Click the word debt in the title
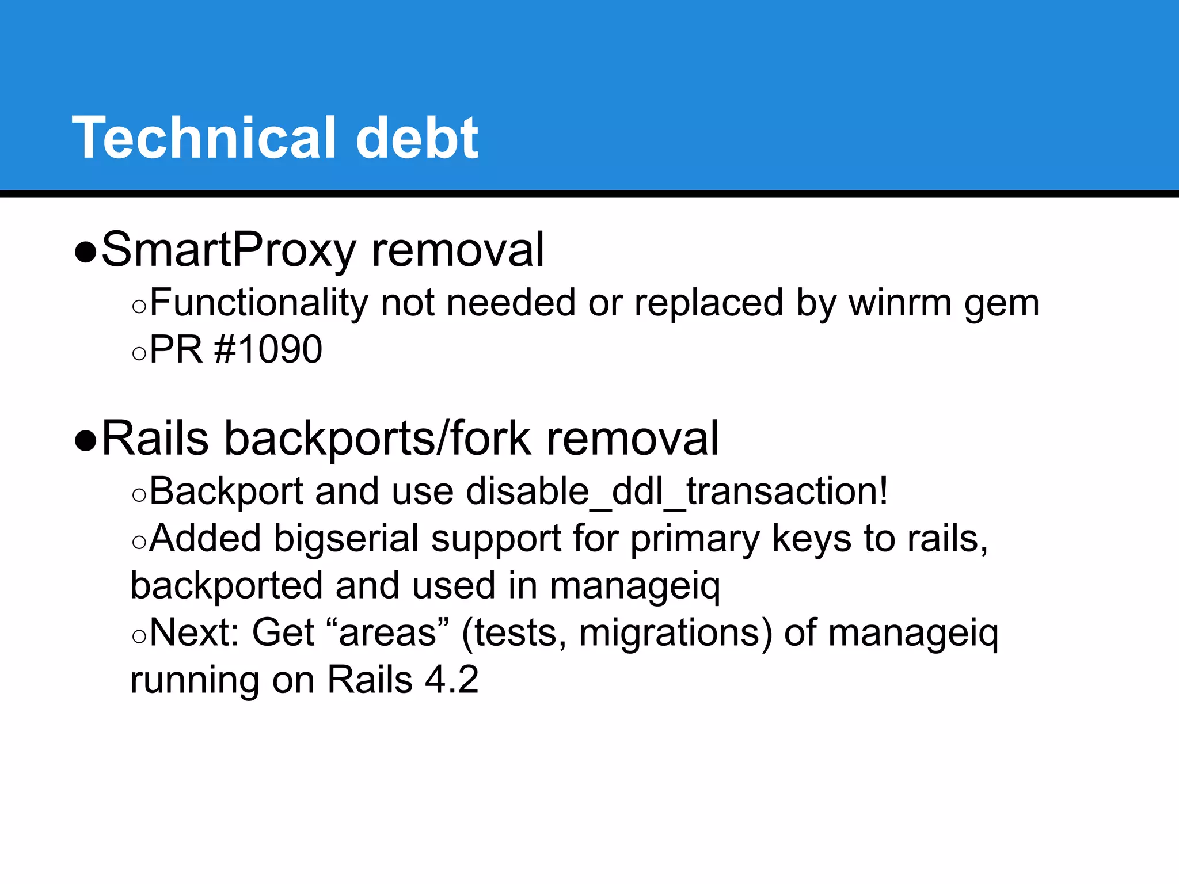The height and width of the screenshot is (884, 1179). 417,138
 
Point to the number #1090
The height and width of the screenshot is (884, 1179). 268,349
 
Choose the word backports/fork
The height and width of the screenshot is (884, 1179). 377,439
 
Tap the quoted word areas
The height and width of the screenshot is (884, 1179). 388,633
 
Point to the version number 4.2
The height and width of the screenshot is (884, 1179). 451,680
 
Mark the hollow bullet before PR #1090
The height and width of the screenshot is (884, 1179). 139,353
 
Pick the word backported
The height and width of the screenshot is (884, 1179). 227,586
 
